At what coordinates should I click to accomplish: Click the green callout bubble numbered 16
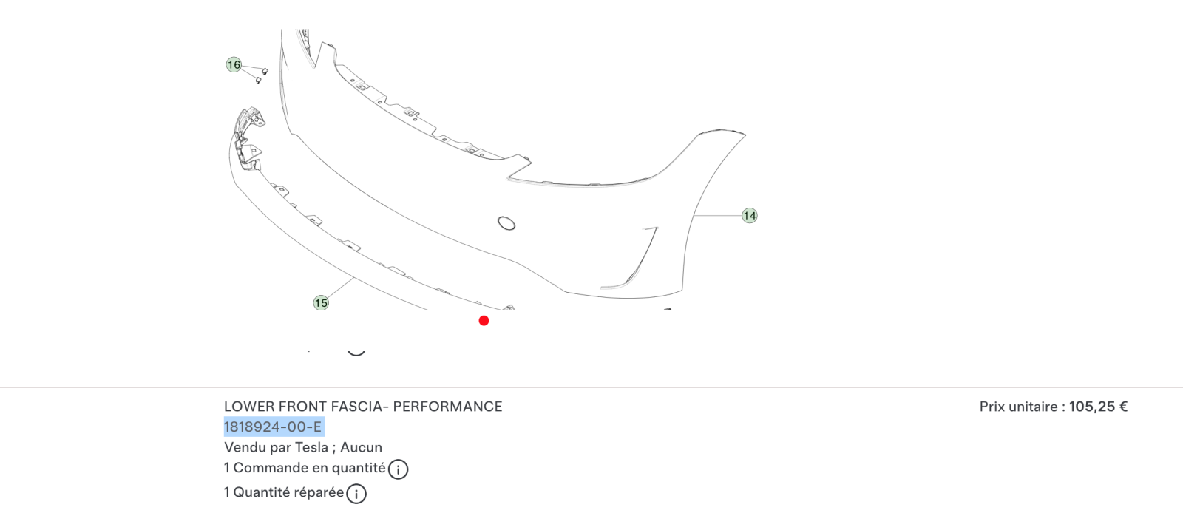click(234, 65)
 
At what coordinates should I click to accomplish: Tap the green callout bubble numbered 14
click(750, 215)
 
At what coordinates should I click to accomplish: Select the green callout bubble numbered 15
click(321, 303)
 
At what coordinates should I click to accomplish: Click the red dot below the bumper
click(484, 320)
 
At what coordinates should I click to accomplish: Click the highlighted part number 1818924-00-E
click(273, 427)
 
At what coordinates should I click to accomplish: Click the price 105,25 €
click(1099, 407)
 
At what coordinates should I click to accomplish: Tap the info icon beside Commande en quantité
click(399, 469)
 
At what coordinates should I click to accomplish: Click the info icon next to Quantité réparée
click(356, 494)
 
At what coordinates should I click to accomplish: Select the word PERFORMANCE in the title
click(448, 407)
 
